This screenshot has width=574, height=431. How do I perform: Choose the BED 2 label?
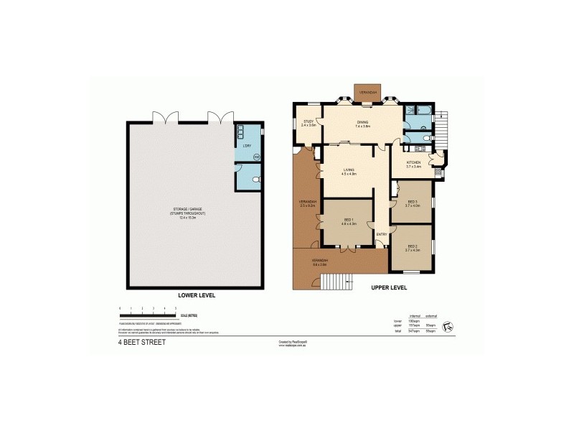(412, 248)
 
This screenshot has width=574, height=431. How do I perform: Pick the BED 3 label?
(412, 203)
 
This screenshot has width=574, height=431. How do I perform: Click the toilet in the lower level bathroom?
(256, 179)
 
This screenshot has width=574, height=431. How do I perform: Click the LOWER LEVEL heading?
(196, 295)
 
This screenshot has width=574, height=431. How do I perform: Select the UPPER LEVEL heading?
(389, 287)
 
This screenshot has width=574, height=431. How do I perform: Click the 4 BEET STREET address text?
(142, 343)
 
